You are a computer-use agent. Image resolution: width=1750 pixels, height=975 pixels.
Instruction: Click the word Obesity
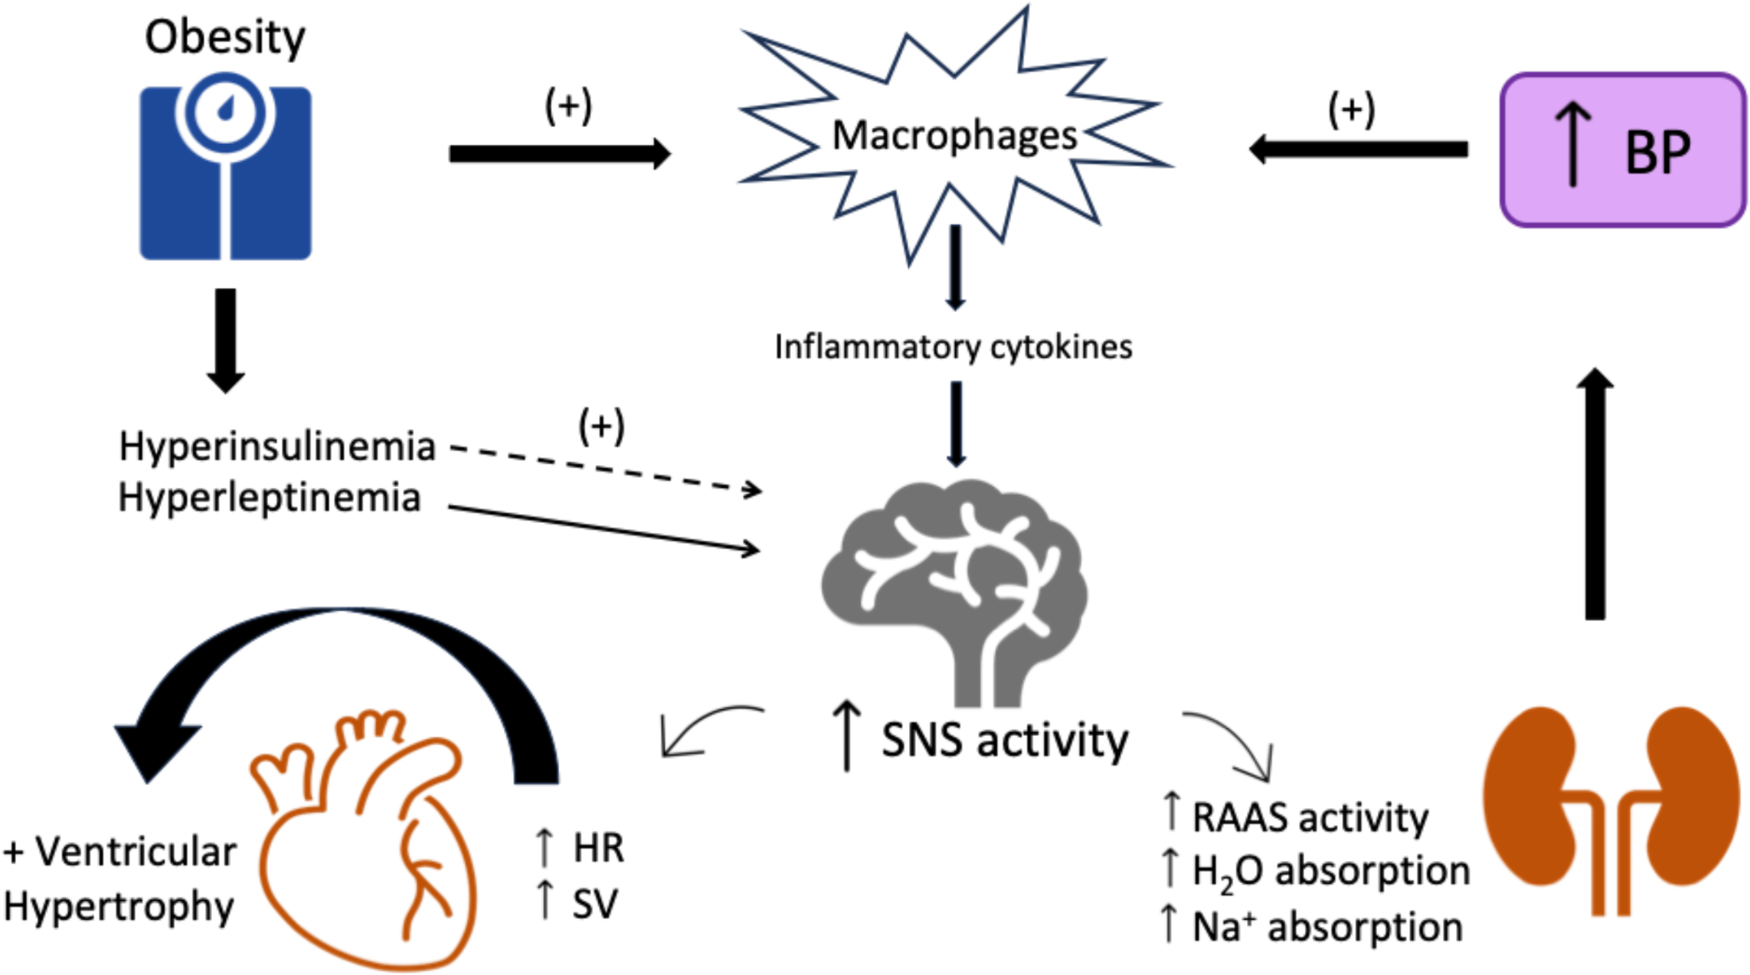point(225,37)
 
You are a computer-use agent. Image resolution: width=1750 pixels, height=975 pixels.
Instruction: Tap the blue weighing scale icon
point(226,170)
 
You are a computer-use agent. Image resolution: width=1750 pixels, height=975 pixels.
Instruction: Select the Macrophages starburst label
point(954,135)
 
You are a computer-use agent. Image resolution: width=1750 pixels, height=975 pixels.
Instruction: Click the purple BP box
point(1622,151)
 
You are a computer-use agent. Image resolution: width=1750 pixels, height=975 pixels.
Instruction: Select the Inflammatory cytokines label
point(953,347)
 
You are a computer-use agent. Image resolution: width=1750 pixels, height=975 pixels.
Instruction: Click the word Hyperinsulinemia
point(277,446)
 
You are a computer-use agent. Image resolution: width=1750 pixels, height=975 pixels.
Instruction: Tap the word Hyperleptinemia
point(269,497)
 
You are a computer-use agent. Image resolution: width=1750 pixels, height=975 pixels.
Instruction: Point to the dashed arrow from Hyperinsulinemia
point(604,467)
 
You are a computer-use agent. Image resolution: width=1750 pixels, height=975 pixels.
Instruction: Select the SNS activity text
point(1004,740)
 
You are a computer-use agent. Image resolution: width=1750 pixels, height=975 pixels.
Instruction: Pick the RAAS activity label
point(1309,817)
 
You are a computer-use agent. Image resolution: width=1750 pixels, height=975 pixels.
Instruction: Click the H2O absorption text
point(1330,871)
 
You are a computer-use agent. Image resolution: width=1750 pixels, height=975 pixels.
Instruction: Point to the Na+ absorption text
point(1326,926)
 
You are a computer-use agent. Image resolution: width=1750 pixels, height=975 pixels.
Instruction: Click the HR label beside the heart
point(598,848)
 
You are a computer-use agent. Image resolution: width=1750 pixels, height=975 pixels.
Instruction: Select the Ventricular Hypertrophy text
point(119,879)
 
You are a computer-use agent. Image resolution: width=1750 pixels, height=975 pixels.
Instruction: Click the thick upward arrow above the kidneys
point(1594,494)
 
